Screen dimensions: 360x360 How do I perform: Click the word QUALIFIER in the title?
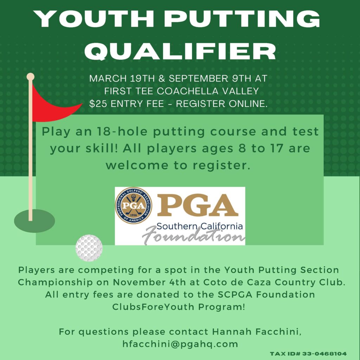coord(180,51)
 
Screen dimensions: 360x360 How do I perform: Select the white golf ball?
coord(89,248)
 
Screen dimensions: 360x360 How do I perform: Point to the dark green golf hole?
coord(34,221)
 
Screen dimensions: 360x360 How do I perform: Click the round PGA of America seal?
coord(134,205)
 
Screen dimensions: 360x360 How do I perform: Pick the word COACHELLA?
coord(188,91)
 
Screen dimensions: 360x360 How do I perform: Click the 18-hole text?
coord(122,131)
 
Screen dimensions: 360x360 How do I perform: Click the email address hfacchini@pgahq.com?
coord(180,344)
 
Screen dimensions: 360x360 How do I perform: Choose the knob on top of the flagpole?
coord(30,76)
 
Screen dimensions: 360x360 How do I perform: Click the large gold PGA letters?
coord(198,205)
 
